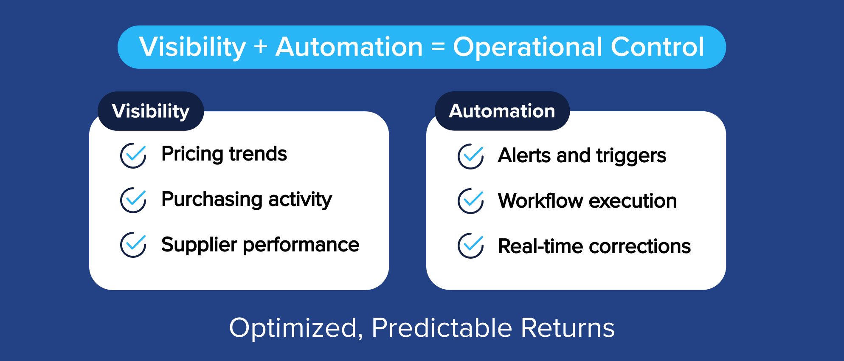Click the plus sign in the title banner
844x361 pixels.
(x=261, y=47)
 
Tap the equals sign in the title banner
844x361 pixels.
(x=438, y=47)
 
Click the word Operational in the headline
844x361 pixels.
(x=528, y=47)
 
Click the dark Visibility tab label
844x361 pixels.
(x=151, y=111)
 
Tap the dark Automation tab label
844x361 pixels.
(x=502, y=111)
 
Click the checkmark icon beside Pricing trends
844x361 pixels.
(x=133, y=155)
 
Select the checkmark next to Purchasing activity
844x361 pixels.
(x=133, y=200)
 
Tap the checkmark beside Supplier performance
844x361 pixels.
(x=133, y=245)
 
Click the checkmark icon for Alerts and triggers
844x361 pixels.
(x=470, y=156)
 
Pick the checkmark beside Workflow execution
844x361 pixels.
(x=470, y=201)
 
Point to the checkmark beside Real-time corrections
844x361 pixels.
(x=470, y=245)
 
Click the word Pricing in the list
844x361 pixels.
(x=192, y=154)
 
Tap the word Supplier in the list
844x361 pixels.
(x=199, y=245)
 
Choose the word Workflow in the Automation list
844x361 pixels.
(x=540, y=201)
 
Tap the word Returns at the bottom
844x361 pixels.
(x=568, y=328)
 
